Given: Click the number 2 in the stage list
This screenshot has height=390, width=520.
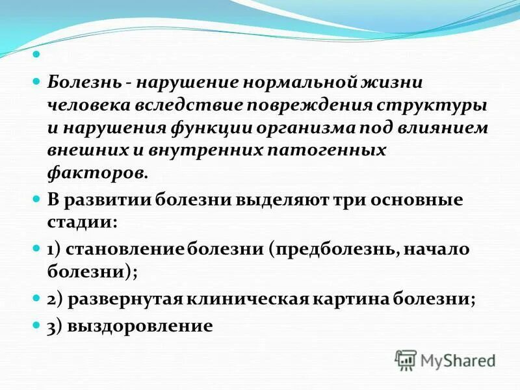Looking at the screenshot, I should coord(51,300).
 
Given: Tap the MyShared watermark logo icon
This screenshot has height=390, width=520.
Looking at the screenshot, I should coord(405,359).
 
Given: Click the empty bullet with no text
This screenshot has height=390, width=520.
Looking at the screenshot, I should coord(36,55).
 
